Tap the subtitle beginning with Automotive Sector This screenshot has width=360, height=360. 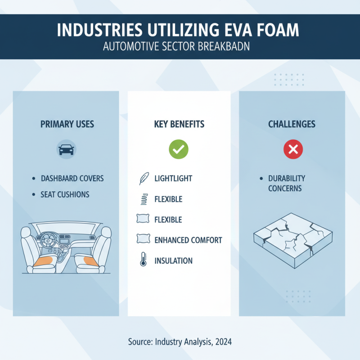pos(180,47)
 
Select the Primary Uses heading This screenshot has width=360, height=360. pos(67,124)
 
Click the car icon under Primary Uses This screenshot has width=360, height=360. pos(66,149)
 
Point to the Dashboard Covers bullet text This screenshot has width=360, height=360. pos(72,179)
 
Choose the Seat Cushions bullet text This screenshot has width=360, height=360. pos(65,195)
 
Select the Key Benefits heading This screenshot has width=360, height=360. pos(179,124)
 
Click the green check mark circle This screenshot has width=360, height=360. pos(178,149)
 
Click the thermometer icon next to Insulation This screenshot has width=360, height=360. pos(143,260)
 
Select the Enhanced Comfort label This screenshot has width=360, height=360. pos(188,240)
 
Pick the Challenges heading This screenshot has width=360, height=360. pos(292,124)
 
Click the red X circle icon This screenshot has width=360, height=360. pos(292,149)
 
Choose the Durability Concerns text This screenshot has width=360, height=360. pos(287,183)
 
